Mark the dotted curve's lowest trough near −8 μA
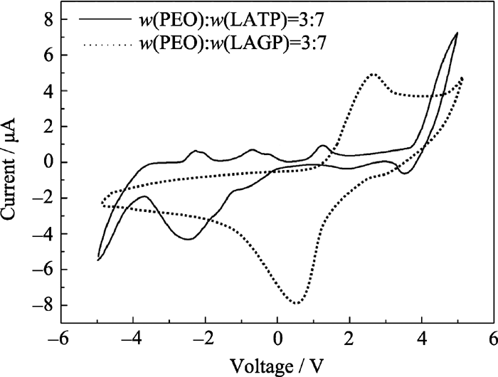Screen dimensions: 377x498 click(x=296, y=304)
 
